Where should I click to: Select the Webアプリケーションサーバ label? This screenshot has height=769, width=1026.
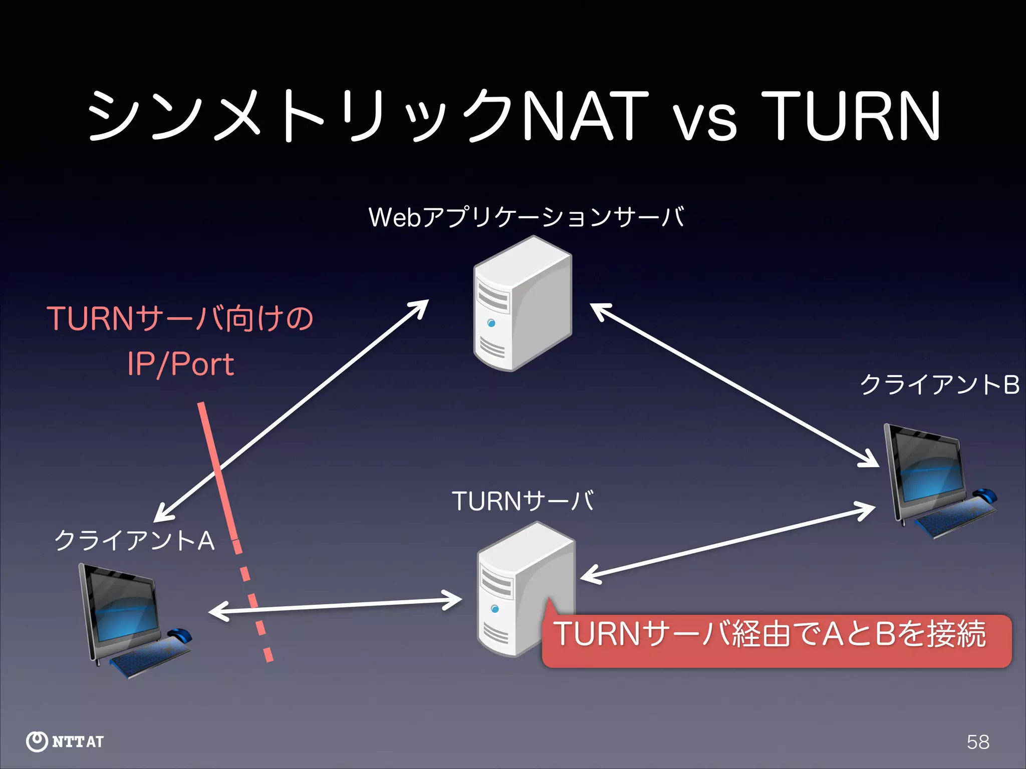(x=526, y=217)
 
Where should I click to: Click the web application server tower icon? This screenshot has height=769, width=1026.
(x=522, y=304)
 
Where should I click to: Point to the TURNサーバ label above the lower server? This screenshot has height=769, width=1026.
(x=523, y=501)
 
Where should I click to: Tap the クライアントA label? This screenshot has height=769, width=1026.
(x=134, y=541)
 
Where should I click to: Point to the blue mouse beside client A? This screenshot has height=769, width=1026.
(x=179, y=634)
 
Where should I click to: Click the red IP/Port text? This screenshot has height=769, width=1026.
(x=180, y=364)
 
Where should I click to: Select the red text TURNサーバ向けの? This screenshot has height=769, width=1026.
(x=180, y=318)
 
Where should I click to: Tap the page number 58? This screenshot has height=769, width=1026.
(x=978, y=742)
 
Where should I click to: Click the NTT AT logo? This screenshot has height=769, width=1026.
(x=65, y=741)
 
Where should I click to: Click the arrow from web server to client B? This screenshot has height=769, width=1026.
(x=734, y=386)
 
